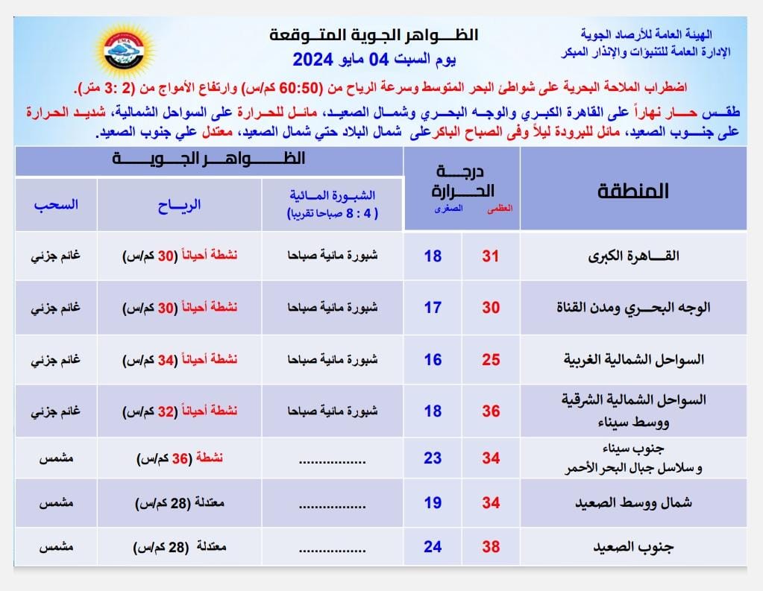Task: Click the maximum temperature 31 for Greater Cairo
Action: tap(490, 256)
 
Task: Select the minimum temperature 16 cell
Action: tap(433, 360)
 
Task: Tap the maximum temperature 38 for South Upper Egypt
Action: tap(490, 546)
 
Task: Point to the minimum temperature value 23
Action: tap(433, 458)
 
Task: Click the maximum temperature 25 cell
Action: tap(490, 360)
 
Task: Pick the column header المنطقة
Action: tap(633, 191)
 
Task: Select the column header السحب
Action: tap(55, 204)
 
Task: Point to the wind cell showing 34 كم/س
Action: tap(180, 360)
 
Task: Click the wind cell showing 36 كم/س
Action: tap(180, 458)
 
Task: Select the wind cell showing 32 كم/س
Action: tap(180, 411)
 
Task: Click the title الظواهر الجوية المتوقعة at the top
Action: tap(373, 36)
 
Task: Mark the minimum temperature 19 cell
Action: tap(433, 502)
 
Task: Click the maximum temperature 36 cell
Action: tap(490, 411)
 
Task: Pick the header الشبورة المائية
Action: tap(333, 203)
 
